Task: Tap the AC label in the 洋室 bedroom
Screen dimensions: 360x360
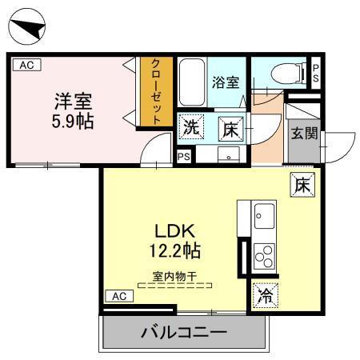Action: tap(26, 66)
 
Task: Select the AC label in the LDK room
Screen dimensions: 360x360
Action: tap(118, 296)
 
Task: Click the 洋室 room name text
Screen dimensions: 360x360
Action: tap(73, 102)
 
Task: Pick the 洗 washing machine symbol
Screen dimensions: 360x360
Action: tap(190, 126)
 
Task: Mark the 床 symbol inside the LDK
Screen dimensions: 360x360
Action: tap(302, 183)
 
